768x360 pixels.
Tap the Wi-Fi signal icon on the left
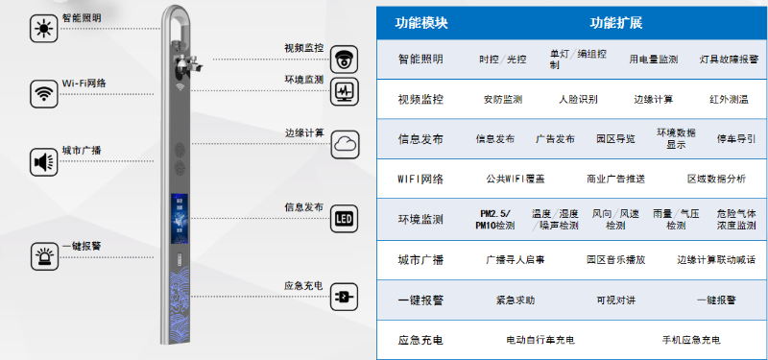(42, 93)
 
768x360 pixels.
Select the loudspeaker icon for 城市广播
(42, 161)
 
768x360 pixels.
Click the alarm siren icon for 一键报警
(42, 257)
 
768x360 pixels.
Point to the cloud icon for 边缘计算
(345, 145)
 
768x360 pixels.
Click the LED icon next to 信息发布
(345, 219)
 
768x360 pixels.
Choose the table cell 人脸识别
(577, 99)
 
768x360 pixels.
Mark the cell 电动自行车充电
(540, 340)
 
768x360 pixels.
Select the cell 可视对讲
(615, 300)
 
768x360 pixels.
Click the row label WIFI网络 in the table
(420, 179)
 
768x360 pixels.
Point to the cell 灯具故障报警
(728, 59)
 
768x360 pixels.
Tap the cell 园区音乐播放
(615, 259)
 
